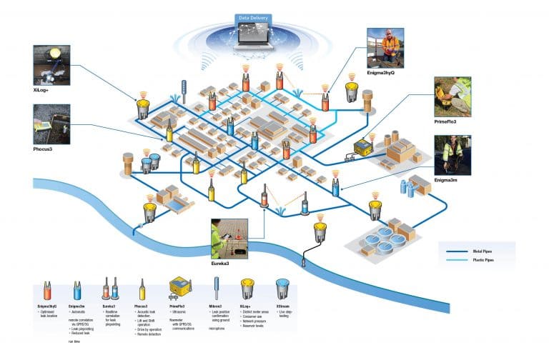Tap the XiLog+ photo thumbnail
[51, 65]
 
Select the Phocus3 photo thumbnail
[51, 124]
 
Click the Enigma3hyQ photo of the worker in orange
[385, 48]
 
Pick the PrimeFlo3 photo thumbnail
[453, 97]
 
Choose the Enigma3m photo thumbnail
[453, 156]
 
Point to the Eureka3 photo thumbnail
[229, 239]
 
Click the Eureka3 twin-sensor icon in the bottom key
[111, 291]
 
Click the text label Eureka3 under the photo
[222, 264]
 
